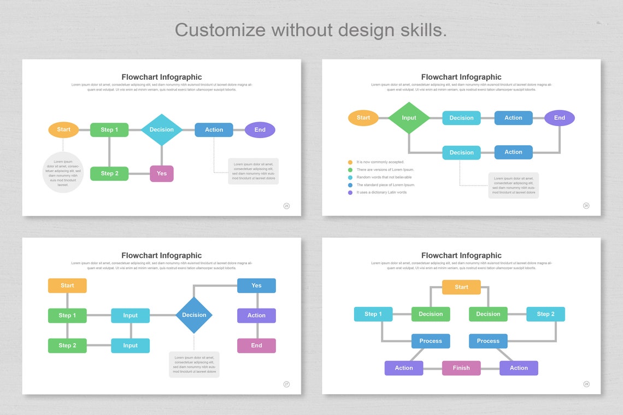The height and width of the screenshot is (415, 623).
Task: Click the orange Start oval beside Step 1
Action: [63, 130]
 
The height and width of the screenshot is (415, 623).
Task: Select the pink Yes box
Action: [162, 174]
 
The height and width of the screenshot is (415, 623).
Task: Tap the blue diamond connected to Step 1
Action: [161, 130]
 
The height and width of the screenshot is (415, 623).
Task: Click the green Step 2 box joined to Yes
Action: [109, 174]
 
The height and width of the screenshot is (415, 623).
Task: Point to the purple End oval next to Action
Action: [260, 130]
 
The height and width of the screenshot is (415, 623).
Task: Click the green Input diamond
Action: [409, 118]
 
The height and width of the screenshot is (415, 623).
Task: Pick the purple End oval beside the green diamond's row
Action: [559, 118]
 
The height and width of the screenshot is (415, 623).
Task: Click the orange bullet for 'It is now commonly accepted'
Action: [350, 162]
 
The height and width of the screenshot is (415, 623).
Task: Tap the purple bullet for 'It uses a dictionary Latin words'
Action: [350, 193]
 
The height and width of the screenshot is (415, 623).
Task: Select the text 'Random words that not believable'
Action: [384, 177]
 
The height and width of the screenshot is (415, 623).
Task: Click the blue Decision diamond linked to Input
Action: [194, 315]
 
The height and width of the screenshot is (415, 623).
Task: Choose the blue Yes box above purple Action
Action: [256, 286]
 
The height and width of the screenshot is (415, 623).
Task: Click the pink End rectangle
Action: [256, 346]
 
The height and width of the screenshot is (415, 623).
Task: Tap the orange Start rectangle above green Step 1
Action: [67, 286]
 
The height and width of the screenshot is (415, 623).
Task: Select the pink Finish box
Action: [461, 368]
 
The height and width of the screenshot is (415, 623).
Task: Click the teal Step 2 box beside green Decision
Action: [545, 314]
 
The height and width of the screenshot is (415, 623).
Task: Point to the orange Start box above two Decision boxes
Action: [461, 287]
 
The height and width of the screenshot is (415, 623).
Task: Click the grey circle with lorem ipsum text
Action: [63, 173]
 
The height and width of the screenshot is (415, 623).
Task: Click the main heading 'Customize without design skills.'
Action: [311, 29]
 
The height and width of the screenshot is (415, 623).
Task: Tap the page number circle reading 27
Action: [286, 384]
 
